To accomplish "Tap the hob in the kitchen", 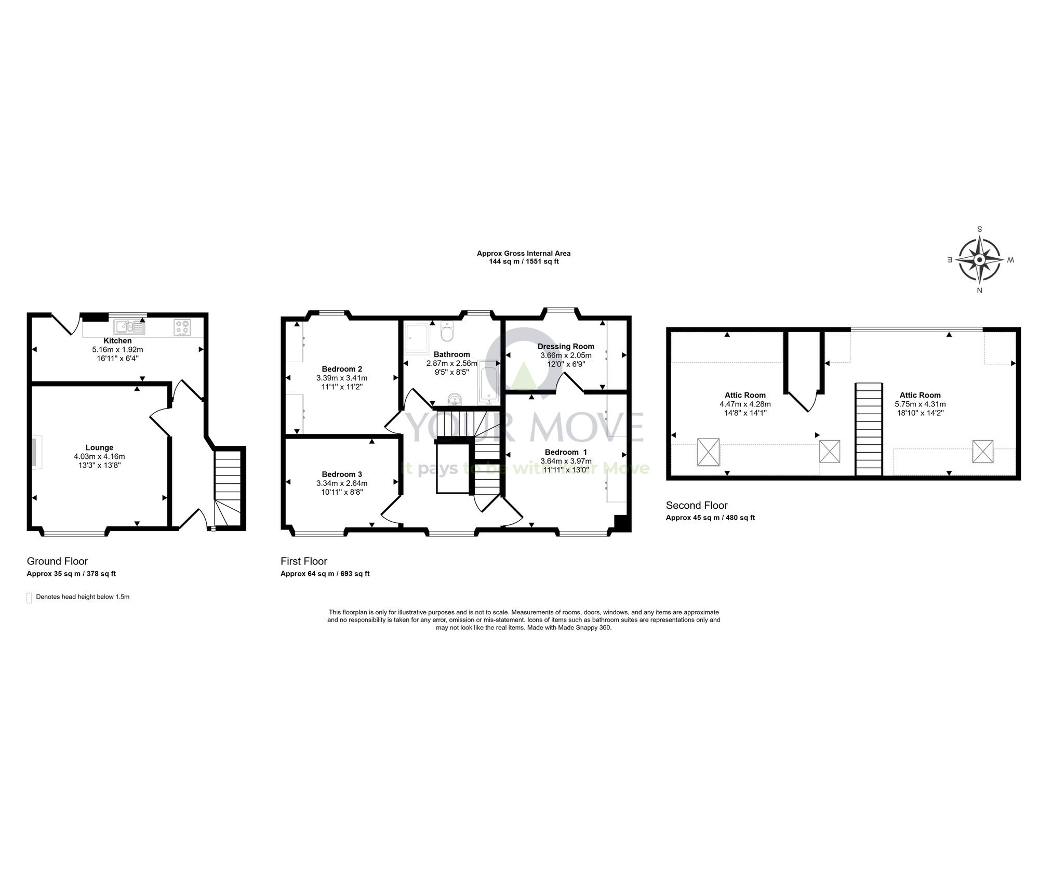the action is [x=182, y=327].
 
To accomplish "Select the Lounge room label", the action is [x=99, y=447].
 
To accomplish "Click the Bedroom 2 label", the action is [x=342, y=369].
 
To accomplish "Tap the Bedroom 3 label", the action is [x=342, y=474].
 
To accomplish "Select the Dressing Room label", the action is [x=566, y=346].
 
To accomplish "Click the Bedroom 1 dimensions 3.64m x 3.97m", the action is [x=566, y=461].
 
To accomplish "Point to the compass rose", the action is [x=979, y=259].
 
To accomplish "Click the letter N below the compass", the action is [x=979, y=291].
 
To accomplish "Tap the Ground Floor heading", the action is [x=57, y=561].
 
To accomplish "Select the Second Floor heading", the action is [x=697, y=505].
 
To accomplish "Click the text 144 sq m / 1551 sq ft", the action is [x=524, y=261].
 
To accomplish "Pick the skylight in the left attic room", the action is [x=708, y=452].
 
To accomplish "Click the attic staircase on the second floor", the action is [x=869, y=429].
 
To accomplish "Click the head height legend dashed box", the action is [x=29, y=598].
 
